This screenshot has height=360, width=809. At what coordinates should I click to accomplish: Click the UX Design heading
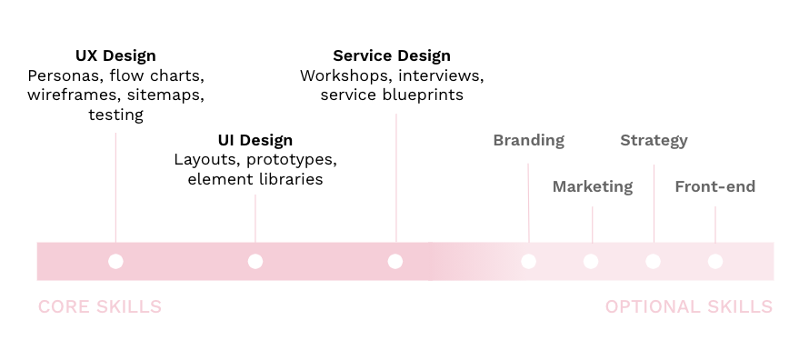tap(115, 56)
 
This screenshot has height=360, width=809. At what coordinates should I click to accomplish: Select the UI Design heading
tap(255, 140)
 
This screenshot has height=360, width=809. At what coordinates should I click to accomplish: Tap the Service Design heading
tap(392, 56)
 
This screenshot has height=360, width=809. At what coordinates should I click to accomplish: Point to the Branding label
tap(528, 140)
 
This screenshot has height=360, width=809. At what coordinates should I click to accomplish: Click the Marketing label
tap(592, 186)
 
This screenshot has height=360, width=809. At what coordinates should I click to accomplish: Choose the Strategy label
tap(654, 140)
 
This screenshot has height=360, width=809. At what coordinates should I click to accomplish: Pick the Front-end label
tap(714, 186)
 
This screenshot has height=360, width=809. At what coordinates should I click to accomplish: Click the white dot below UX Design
tap(115, 262)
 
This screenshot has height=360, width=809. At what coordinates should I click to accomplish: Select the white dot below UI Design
tap(255, 262)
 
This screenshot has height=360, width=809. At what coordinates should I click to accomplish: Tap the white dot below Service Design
tap(395, 262)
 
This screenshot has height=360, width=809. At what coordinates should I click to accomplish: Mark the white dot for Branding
tap(529, 262)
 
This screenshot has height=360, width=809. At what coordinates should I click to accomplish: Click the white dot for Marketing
tap(591, 262)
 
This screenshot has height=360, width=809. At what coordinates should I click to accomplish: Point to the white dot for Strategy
tap(653, 262)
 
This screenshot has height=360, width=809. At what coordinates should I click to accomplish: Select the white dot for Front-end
tap(715, 262)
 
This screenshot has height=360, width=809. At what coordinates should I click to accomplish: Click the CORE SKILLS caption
tap(100, 307)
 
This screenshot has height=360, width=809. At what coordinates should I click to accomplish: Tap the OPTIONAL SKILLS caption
tap(689, 307)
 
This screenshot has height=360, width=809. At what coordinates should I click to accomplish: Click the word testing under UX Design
tap(115, 115)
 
